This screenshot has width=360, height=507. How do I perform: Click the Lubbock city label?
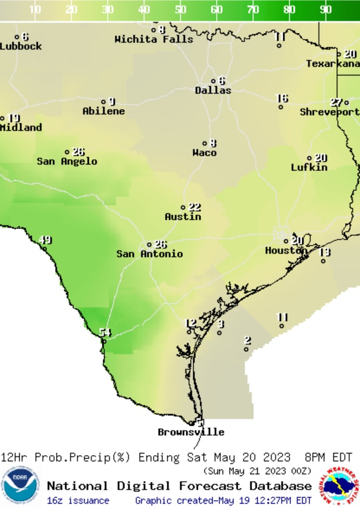coord(21,46)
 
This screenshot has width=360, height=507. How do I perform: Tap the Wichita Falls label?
coord(154,39)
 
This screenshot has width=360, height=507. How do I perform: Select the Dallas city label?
coord(213,91)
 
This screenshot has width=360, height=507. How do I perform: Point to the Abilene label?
coord(103,111)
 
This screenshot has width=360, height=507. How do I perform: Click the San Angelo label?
coord(67,162)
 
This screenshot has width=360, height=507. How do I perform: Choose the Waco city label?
coord(204,153)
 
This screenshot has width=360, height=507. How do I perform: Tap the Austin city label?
coord(183,217)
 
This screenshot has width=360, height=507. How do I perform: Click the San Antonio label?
coord(149,254)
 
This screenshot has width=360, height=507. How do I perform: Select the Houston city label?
coord(286,251)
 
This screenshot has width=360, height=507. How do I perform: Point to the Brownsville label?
coord(191,432)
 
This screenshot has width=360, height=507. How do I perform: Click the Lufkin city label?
coord(309,167)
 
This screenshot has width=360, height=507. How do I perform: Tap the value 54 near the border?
coord(104,332)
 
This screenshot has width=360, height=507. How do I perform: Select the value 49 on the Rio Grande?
coord(44,241)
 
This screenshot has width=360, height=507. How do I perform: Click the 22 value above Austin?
coord(194,208)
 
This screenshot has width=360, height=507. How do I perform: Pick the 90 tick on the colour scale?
coord(325,10)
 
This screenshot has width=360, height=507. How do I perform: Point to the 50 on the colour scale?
coord(180,10)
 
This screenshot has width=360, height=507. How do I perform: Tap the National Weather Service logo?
coord(340,485)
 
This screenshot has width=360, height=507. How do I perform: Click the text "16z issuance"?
coord(78,500)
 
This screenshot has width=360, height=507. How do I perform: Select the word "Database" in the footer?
coord(282,486)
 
